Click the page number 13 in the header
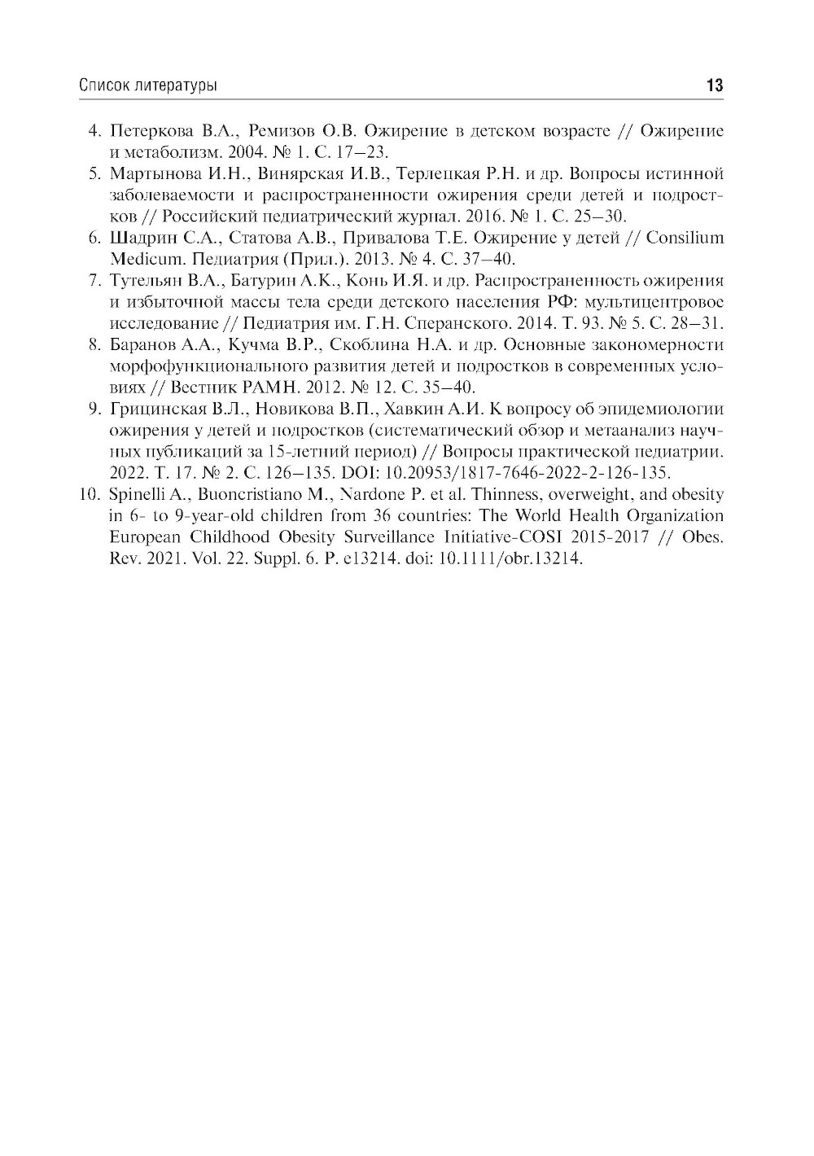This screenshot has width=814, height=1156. tap(715, 85)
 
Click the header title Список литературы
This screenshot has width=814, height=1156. tap(148, 85)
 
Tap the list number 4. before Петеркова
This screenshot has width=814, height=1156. tap(94, 132)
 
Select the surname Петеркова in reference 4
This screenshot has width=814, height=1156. tap(147, 132)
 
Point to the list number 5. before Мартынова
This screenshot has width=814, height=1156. tap(94, 174)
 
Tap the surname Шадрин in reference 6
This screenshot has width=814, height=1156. tap(137, 239)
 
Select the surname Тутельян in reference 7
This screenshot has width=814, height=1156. tap(140, 281)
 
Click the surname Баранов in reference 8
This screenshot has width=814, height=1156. tap(139, 345)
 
